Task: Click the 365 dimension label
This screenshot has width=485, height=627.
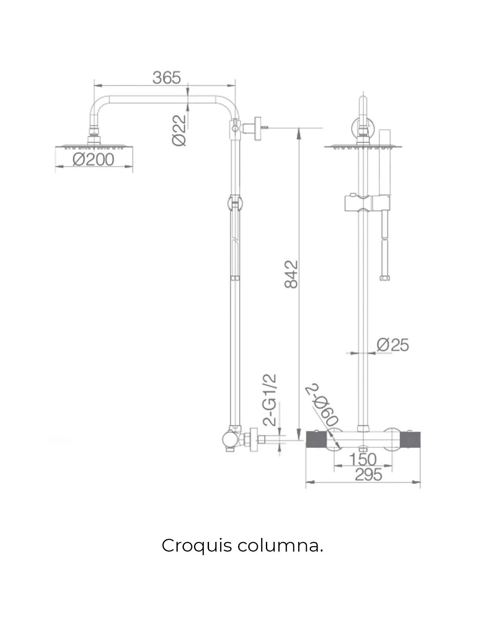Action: (167, 78)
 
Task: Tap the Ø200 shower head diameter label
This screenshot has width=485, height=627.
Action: (93, 159)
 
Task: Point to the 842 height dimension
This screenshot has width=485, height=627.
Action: (291, 274)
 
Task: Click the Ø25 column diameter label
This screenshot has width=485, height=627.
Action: (393, 345)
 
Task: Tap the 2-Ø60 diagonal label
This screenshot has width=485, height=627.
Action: (323, 404)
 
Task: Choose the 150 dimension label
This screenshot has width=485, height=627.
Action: (363, 459)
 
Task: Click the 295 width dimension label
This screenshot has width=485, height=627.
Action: (369, 475)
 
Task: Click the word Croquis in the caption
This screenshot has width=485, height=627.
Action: (196, 546)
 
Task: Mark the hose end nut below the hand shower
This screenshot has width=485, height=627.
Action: (385, 278)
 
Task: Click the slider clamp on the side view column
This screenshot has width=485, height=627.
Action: (235, 203)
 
